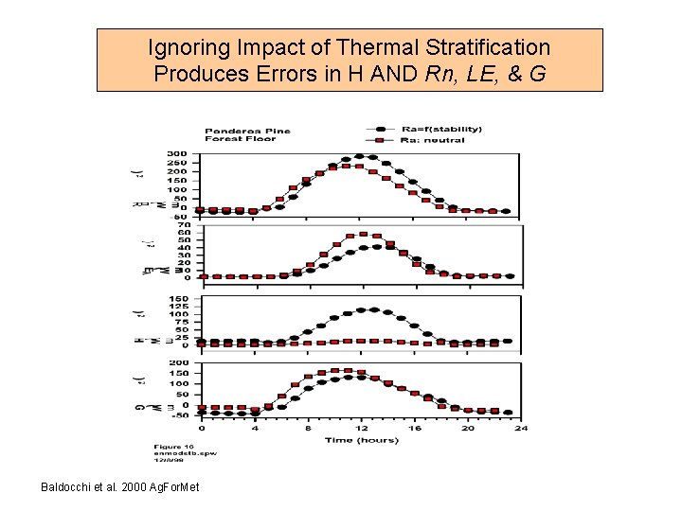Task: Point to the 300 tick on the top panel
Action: tap(178, 153)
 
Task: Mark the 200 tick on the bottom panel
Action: tap(178, 362)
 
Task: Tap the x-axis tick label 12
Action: tap(361, 428)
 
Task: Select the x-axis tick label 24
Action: tap(520, 428)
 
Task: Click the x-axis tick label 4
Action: tap(254, 428)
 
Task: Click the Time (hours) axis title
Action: tap(360, 440)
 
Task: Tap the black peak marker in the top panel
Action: tap(359, 156)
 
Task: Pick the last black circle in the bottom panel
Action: tap(508, 413)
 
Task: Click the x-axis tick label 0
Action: tap(201, 428)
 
